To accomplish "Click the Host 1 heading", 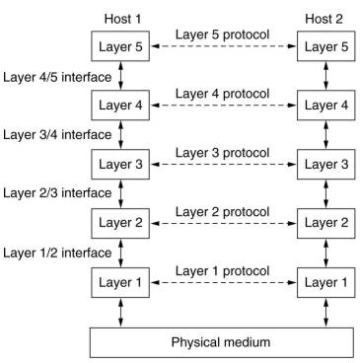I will click(x=120, y=19).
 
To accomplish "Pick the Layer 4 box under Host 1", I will click(x=120, y=105).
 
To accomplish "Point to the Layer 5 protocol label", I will click(x=222, y=34).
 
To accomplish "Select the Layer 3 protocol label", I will click(x=222, y=151).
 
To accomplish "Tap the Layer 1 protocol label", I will click(x=222, y=269).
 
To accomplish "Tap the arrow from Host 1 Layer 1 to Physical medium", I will click(x=120, y=311).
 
